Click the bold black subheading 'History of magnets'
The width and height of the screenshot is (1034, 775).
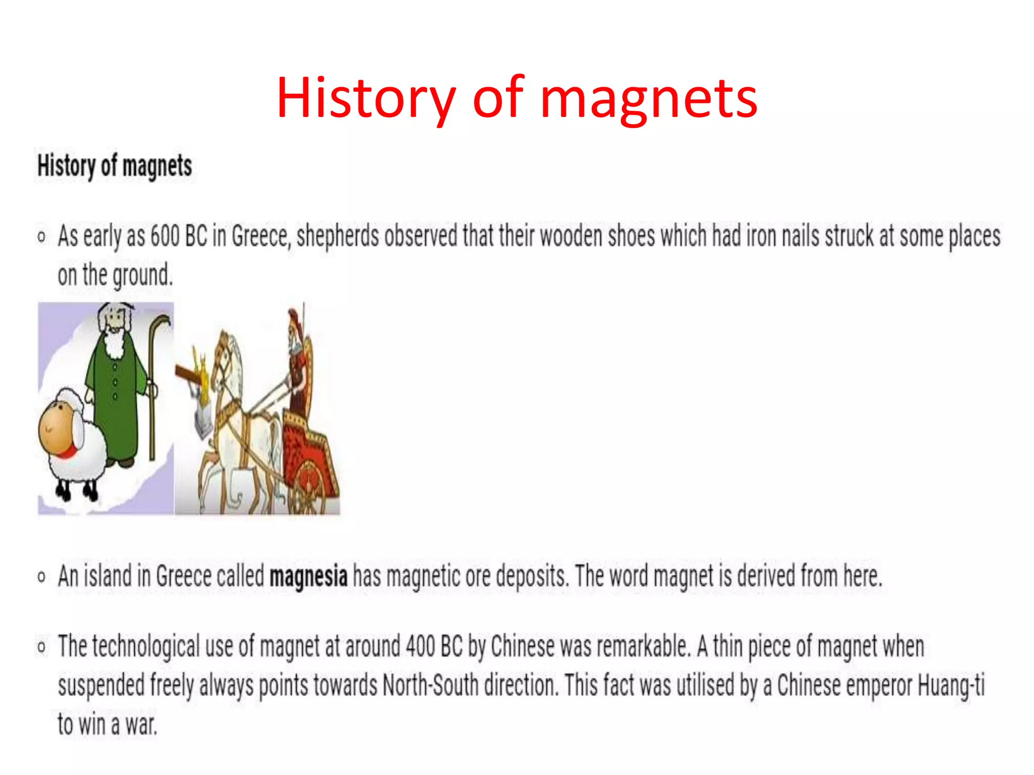pyautogui.click(x=115, y=166)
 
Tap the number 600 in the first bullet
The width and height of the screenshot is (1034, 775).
pyautogui.click(x=165, y=236)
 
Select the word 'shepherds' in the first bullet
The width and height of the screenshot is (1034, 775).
pyautogui.click(x=337, y=236)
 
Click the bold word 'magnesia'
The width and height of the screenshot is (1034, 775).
pyautogui.click(x=308, y=576)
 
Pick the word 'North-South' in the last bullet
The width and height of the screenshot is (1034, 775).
pyautogui.click(x=430, y=685)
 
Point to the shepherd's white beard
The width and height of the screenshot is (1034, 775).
pyautogui.click(x=115, y=343)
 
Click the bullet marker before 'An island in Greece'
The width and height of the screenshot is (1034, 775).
pyautogui.click(x=41, y=576)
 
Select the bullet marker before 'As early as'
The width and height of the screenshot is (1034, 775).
pyautogui.click(x=41, y=236)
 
